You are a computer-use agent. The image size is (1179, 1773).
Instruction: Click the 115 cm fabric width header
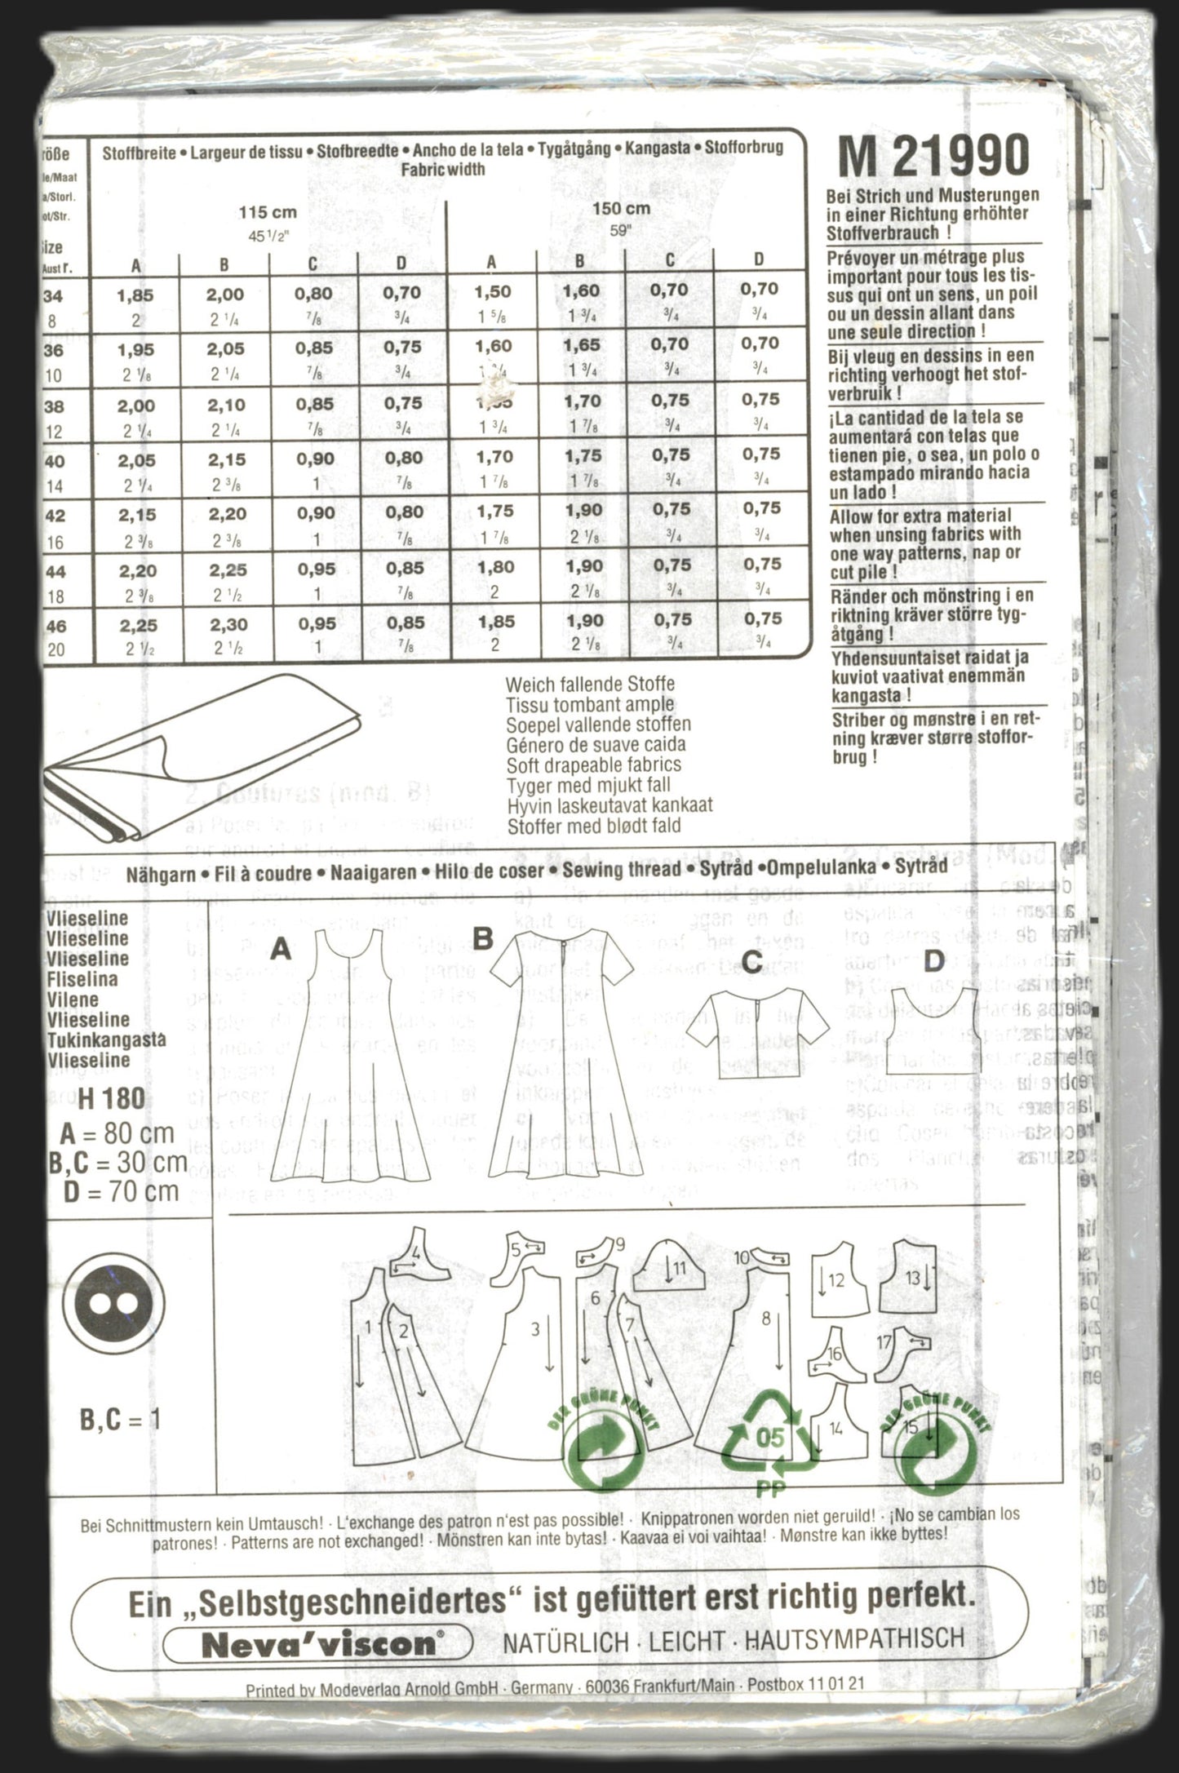click(x=267, y=214)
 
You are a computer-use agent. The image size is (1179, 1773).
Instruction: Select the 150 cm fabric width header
click(x=621, y=209)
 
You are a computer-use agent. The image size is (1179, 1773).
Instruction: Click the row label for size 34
click(x=54, y=295)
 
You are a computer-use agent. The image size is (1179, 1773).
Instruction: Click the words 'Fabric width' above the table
click(x=443, y=169)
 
